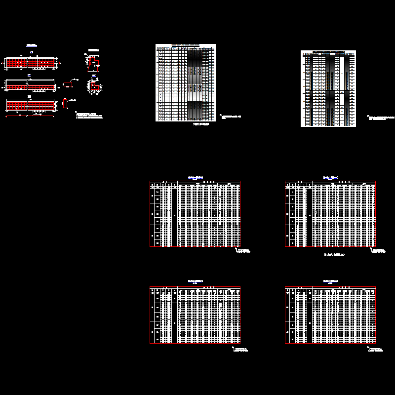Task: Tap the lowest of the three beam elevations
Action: (30, 105)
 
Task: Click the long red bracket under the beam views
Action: (30, 117)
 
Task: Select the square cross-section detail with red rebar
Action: (93, 86)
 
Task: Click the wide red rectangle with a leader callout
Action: (68, 84)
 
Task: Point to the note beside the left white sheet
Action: (230, 118)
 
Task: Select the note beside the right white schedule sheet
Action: (381, 118)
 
